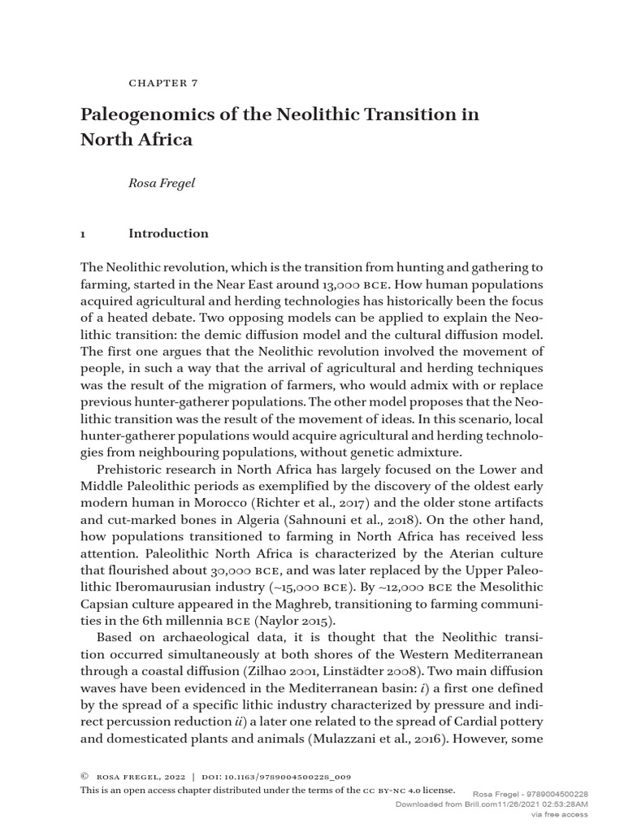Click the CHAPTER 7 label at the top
click(163, 83)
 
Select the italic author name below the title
click(162, 184)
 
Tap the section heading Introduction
click(168, 234)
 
